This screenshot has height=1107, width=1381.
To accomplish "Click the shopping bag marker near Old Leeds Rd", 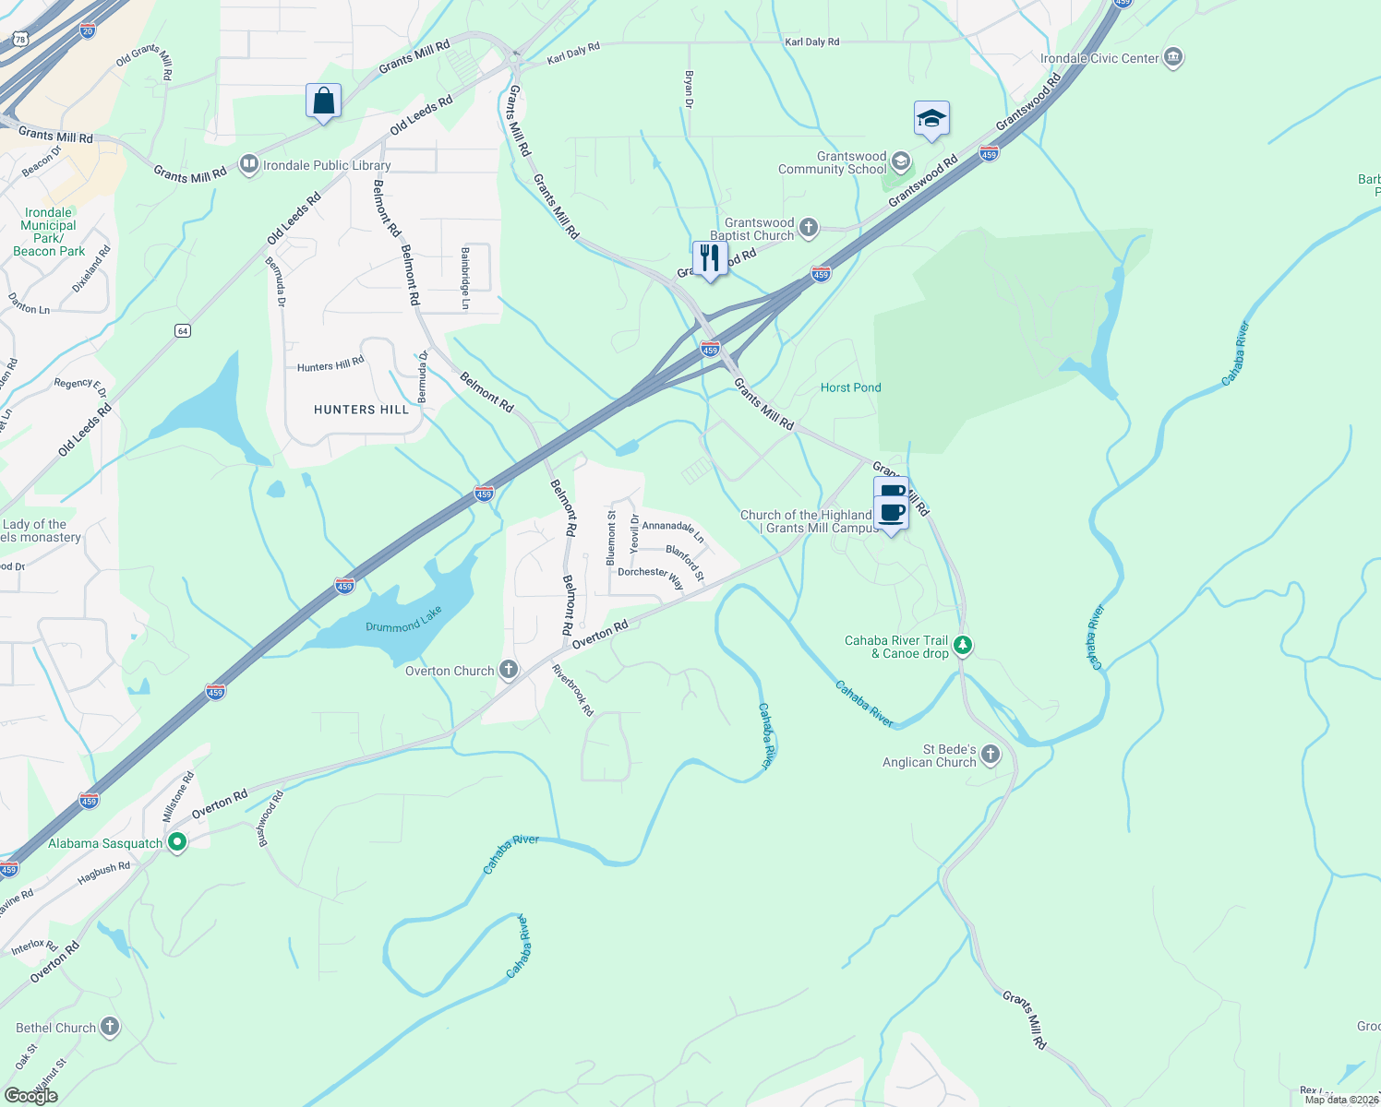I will tap(323, 101).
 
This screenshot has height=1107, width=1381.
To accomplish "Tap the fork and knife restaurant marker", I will tap(710, 257).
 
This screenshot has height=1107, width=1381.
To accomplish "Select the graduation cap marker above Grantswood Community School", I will tap(931, 119).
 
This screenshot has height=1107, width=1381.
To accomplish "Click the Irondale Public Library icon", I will tap(248, 164).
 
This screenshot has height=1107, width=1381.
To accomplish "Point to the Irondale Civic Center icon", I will tap(1173, 58).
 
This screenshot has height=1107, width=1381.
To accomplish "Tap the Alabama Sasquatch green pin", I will tap(176, 842).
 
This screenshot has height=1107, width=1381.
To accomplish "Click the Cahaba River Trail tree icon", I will tap(963, 645).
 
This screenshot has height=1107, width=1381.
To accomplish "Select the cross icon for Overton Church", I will tap(509, 670).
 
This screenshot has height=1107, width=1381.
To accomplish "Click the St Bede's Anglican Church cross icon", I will tap(991, 755).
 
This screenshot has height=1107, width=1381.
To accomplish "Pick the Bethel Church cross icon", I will tap(110, 1026).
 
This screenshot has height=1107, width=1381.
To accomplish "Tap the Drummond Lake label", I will tap(403, 620).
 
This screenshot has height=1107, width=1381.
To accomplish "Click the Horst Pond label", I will tap(850, 387).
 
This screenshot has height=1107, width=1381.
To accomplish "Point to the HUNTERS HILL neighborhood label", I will tap(361, 410).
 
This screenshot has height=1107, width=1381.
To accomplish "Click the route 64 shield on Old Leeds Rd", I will tap(183, 330).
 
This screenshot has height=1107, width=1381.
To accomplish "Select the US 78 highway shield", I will tap(20, 39).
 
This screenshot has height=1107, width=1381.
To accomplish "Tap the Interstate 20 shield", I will tap(88, 30).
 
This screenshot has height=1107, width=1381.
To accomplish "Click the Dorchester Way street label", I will tap(651, 577).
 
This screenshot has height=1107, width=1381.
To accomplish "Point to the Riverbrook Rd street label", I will tap(572, 690).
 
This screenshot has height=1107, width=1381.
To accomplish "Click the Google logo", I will tap(31, 1095).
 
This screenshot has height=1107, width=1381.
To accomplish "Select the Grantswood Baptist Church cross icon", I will tap(809, 228).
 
